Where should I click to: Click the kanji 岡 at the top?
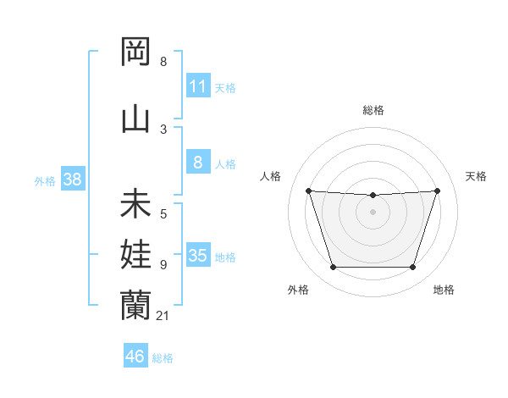pos(135,53)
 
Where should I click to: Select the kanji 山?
pos(135,119)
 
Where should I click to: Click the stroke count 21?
pos(163,316)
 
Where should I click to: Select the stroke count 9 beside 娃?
pos(163,265)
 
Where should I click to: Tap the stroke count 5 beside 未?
pos(163,214)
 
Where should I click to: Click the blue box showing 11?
pos(197,86)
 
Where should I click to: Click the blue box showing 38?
pos(72,180)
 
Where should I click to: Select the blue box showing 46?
pos(135,357)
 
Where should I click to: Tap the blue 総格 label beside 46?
pos(163,358)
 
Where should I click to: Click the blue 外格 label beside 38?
pos(45,180)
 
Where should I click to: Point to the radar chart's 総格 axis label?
pos(373,110)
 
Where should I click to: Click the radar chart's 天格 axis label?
pos(476,176)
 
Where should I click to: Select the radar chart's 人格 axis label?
pos(271,176)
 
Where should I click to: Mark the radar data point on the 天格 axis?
pos(437,191)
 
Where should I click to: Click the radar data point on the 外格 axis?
pos(333,268)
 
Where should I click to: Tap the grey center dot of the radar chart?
pos(373,212)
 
